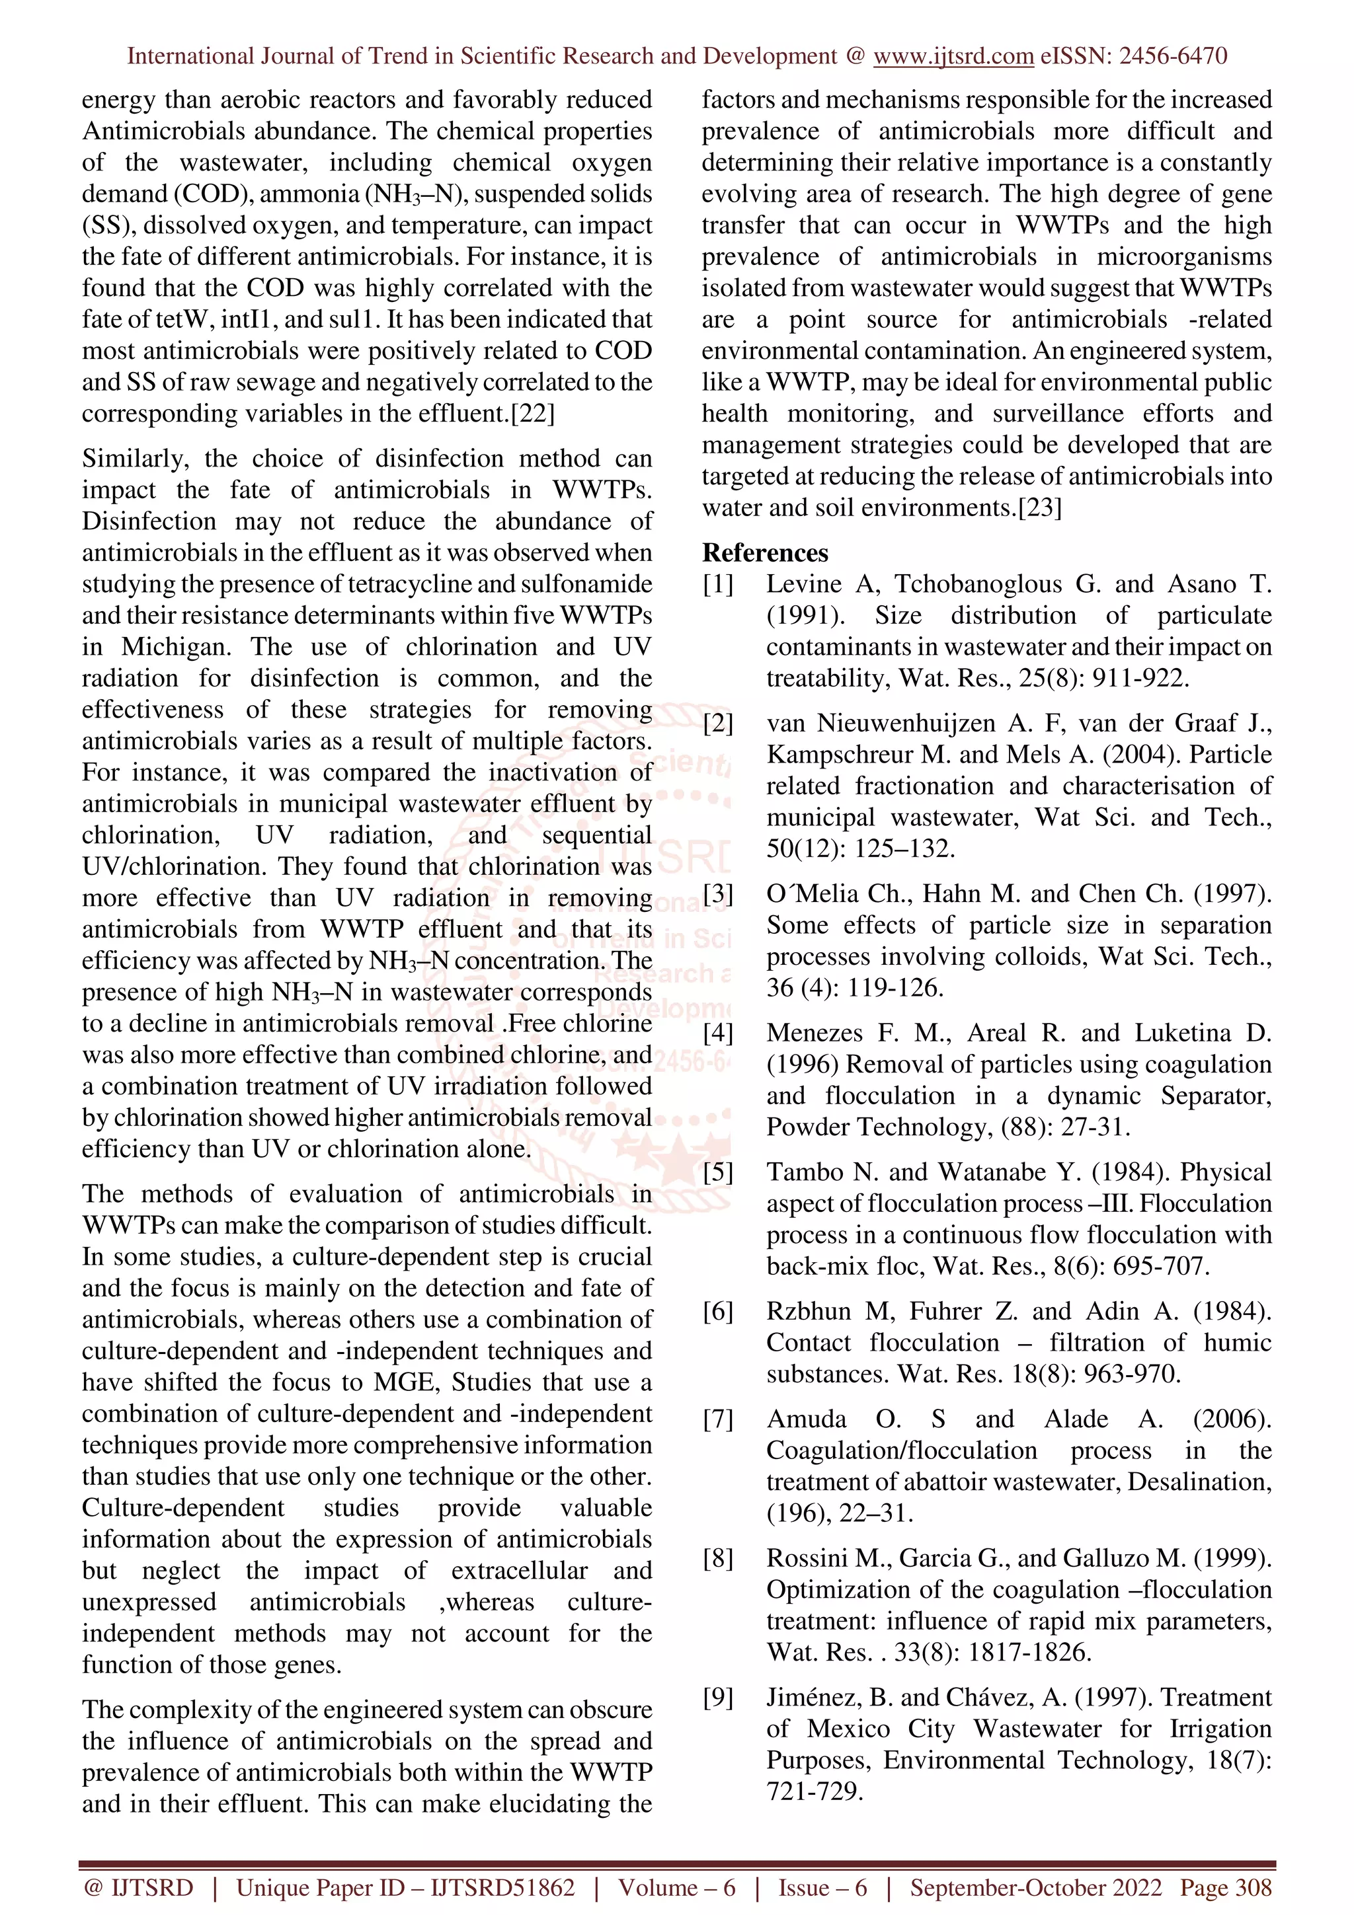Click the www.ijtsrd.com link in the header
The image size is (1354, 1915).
pyautogui.click(x=953, y=56)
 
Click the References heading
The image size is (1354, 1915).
pyautogui.click(x=765, y=552)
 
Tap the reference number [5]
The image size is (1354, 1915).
pyautogui.click(x=717, y=1172)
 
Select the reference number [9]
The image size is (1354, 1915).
pyautogui.click(x=717, y=1698)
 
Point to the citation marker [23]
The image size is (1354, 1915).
pyautogui.click(x=1039, y=508)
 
